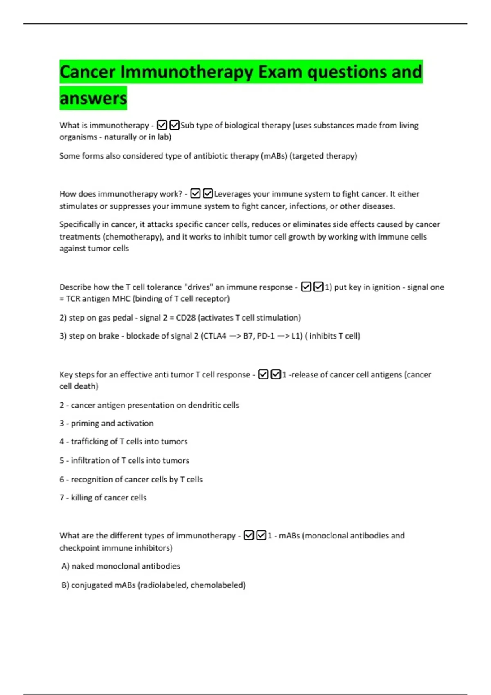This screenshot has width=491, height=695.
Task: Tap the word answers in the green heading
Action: [x=93, y=98]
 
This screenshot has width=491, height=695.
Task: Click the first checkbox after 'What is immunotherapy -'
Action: [x=162, y=125]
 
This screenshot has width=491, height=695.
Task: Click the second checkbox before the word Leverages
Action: [x=208, y=193]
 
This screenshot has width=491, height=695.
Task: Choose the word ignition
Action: [x=386, y=287]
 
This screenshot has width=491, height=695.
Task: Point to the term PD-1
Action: [x=266, y=336]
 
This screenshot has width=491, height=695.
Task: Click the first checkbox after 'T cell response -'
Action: [x=263, y=374]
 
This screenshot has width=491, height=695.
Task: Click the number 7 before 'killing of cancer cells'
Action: [x=62, y=498]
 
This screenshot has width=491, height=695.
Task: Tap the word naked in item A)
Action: [x=82, y=566]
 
